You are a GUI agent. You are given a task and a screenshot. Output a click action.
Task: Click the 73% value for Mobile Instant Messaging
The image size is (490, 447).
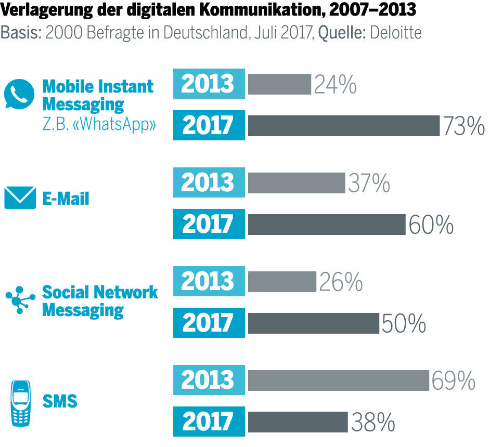pyautogui.click(x=463, y=126)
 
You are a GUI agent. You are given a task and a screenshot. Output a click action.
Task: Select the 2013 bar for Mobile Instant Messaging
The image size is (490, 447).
pyautogui.click(x=279, y=84)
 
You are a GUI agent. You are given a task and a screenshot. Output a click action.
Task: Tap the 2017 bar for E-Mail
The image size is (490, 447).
pyautogui.click(x=326, y=224)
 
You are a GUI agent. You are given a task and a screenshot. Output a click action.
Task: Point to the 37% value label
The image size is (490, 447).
pyautogui.click(x=369, y=183)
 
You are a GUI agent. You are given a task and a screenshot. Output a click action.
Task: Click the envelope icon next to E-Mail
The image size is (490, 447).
pyautogui.click(x=20, y=198)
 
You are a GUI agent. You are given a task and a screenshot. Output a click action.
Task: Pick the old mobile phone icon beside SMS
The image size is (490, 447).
pyautogui.click(x=20, y=403)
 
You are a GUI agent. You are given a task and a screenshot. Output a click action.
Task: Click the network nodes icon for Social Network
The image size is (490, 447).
pyautogui.click(x=20, y=299)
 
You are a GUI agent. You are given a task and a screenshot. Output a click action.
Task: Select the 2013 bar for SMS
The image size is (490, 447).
pyautogui.click(x=338, y=380)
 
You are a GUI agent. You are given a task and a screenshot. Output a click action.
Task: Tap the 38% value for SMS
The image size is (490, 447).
pyautogui.click(x=373, y=423)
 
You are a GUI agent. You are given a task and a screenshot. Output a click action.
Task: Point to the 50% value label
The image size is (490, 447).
pyautogui.click(x=404, y=323)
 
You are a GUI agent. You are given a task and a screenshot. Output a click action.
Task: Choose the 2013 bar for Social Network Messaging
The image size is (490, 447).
pyautogui.click(x=282, y=282)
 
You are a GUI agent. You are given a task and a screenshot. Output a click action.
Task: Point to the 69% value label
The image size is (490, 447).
pyautogui.click(x=453, y=380)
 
